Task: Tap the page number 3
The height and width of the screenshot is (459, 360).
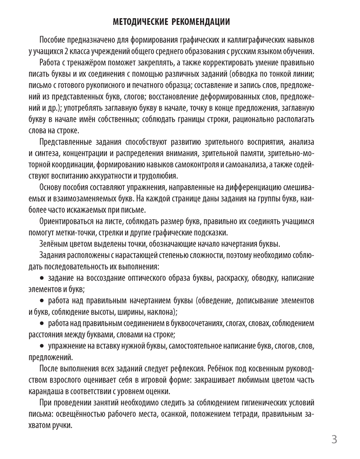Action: (334, 440)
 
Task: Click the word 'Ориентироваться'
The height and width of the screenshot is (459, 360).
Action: (69, 221)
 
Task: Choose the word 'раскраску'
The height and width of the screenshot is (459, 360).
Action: (229, 279)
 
